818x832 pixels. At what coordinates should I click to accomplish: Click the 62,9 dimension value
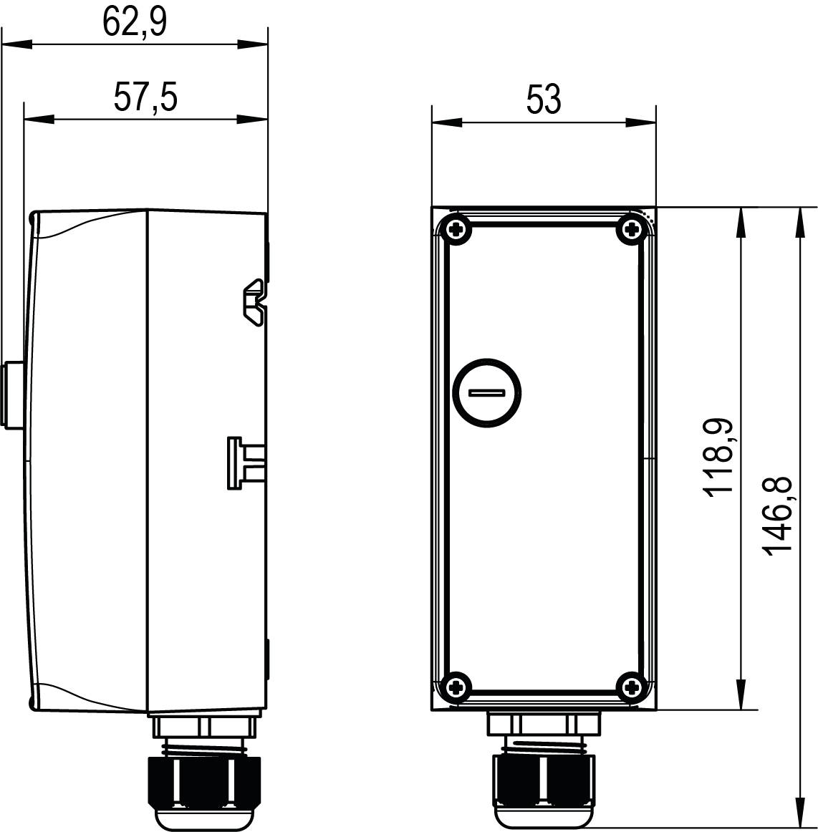135,22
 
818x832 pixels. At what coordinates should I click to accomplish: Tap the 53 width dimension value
544,100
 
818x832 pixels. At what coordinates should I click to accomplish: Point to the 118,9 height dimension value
718,456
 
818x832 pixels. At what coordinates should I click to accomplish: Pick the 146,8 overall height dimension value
778,515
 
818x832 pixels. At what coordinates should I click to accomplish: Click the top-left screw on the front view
456,230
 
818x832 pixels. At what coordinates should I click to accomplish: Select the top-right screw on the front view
631,230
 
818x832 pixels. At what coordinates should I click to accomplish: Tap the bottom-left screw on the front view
456,688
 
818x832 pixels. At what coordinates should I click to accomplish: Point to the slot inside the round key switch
487,392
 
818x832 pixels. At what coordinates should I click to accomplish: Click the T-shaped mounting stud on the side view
242,463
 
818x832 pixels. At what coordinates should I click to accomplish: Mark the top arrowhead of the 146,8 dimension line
799,218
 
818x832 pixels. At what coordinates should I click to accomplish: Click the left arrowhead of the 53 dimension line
444,122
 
